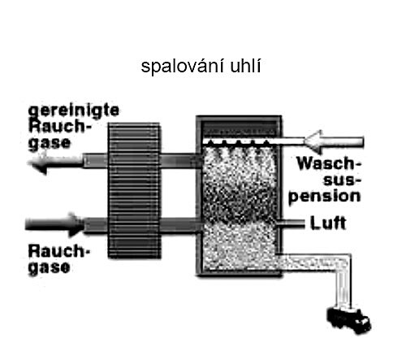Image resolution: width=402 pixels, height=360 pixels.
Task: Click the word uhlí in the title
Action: (x=245, y=66)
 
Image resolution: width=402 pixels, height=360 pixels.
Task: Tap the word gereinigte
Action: (x=74, y=111)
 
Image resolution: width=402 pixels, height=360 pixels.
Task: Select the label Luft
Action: (x=328, y=223)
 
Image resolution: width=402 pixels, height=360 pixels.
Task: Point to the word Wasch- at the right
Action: (x=329, y=163)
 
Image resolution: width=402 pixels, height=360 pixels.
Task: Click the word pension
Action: (x=325, y=197)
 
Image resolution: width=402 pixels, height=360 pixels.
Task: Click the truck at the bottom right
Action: (x=348, y=320)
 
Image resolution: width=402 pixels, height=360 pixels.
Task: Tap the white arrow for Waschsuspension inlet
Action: (x=334, y=141)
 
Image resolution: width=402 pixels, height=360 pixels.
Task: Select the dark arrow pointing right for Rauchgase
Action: (x=54, y=224)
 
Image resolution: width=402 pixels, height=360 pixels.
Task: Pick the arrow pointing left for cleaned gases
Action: (x=55, y=163)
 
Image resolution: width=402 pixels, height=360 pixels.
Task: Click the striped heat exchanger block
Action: (x=134, y=190)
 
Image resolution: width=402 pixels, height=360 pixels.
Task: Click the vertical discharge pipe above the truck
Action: (x=344, y=282)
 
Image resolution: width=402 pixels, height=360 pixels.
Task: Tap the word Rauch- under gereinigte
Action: (x=59, y=126)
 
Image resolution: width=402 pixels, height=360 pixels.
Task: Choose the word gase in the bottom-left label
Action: (x=50, y=267)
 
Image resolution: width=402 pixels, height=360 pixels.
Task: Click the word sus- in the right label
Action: (x=343, y=180)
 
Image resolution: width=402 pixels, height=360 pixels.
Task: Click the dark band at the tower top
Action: (x=240, y=129)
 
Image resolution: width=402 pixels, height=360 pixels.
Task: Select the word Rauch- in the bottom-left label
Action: (x=58, y=251)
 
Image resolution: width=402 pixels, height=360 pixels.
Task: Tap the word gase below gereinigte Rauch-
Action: (x=50, y=143)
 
